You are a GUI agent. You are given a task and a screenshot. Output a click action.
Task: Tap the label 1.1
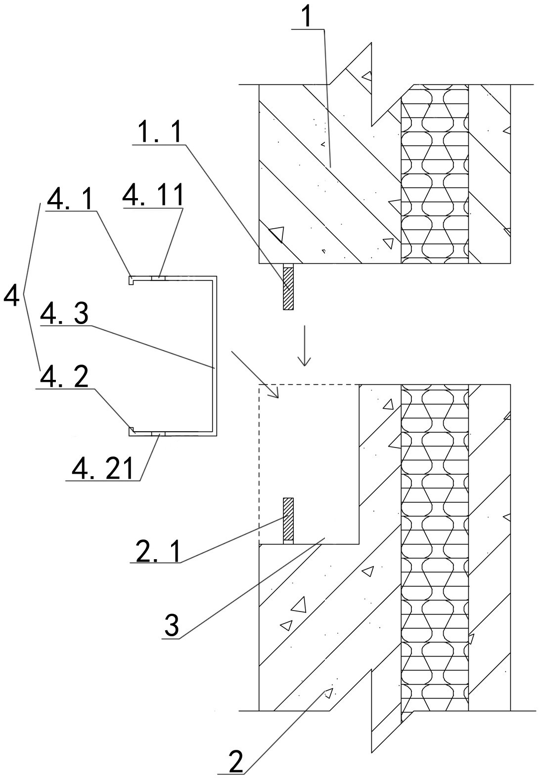[x=159, y=131]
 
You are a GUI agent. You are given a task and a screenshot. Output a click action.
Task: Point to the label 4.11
[x=153, y=195]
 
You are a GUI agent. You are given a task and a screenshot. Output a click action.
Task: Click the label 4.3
[x=65, y=313]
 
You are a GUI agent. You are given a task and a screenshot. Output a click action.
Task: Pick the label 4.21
[x=102, y=468]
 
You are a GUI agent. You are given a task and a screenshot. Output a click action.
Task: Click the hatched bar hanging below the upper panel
[x=288, y=287]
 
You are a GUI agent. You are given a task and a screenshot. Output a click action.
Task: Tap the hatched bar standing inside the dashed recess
[x=288, y=521]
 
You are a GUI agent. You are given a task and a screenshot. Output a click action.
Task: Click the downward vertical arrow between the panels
[x=305, y=346]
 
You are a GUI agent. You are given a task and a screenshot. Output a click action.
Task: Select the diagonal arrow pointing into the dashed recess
[x=255, y=374]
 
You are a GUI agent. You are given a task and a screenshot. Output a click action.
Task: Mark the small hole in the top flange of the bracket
[x=159, y=278]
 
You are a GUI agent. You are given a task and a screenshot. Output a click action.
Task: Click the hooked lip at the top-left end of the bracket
[x=131, y=280]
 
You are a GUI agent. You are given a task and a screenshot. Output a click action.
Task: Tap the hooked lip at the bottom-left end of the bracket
[x=132, y=431]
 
